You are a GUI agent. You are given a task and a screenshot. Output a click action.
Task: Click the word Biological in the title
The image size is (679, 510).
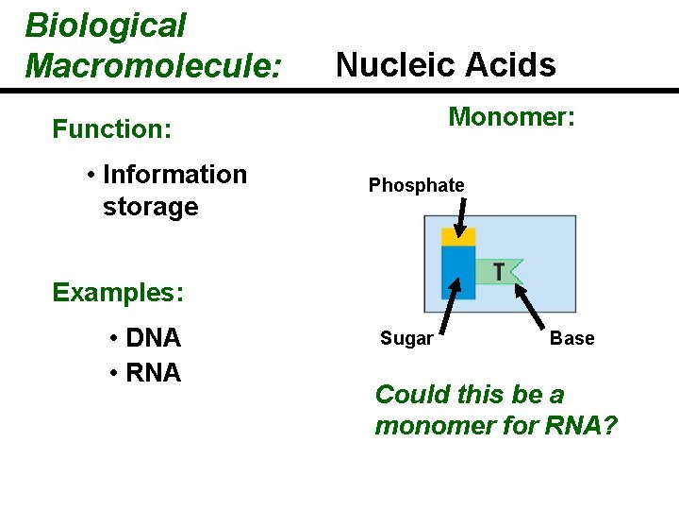[106, 26]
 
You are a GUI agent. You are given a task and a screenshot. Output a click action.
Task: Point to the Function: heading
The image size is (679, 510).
[112, 128]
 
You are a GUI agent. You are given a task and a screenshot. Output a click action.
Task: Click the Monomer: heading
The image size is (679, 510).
[511, 117]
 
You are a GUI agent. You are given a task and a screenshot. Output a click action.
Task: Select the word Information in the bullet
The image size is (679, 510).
[174, 175]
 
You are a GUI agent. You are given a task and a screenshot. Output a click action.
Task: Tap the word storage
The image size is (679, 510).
[150, 207]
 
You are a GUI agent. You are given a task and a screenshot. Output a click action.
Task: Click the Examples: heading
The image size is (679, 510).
[118, 293]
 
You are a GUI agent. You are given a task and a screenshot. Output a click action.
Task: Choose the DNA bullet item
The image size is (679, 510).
[154, 338]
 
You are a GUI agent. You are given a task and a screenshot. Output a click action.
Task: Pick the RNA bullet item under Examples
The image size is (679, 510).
[154, 373]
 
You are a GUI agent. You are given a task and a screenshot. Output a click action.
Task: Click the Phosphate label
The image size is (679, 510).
[416, 186]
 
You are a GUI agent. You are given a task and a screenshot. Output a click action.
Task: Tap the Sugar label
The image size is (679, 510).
[406, 339]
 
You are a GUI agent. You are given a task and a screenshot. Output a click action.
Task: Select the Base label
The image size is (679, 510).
[571, 339]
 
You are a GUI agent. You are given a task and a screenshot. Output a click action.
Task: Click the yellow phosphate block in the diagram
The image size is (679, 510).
[458, 237]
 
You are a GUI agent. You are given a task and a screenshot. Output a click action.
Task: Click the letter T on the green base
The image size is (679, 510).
[497, 272]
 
